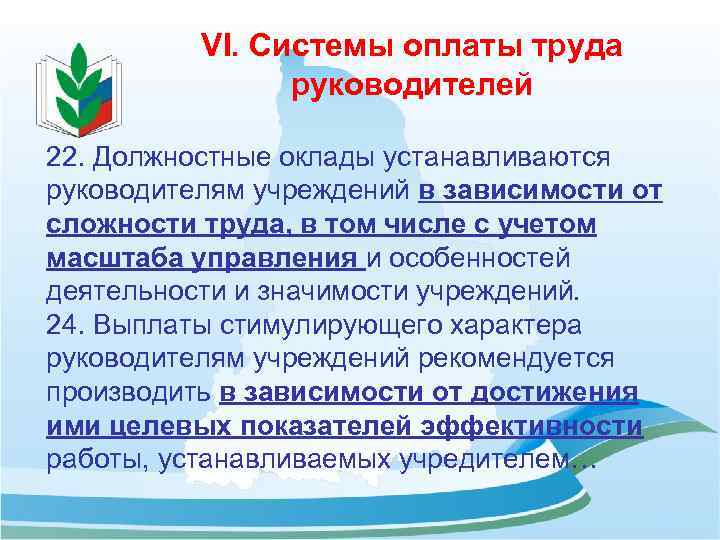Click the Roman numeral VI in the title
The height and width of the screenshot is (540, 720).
coord(218,46)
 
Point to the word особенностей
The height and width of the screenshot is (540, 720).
coord(480,259)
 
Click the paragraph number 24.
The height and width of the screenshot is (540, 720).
coord(67,325)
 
